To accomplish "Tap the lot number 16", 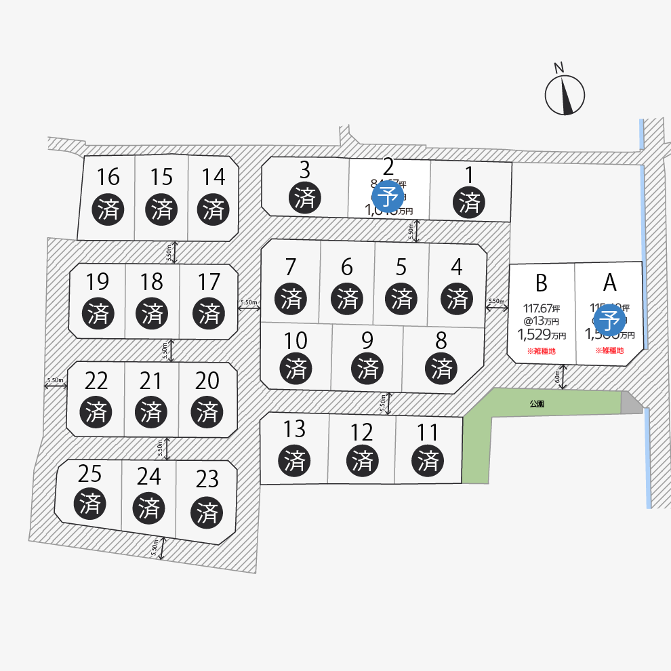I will (x=108, y=178).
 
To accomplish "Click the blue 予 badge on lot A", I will (x=609, y=319).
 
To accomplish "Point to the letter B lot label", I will (x=541, y=282).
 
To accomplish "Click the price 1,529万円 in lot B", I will (x=541, y=334).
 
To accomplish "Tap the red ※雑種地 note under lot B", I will (x=541, y=351).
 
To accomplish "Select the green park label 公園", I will (x=537, y=403).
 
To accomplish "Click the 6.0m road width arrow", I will (x=562, y=377).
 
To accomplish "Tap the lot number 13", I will (x=293, y=429).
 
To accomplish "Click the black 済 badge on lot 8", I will (x=442, y=369).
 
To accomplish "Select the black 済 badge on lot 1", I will (x=470, y=202).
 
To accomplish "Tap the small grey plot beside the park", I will (x=631, y=403).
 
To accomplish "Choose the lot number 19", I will (x=98, y=281).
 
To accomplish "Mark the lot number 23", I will (x=207, y=480).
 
